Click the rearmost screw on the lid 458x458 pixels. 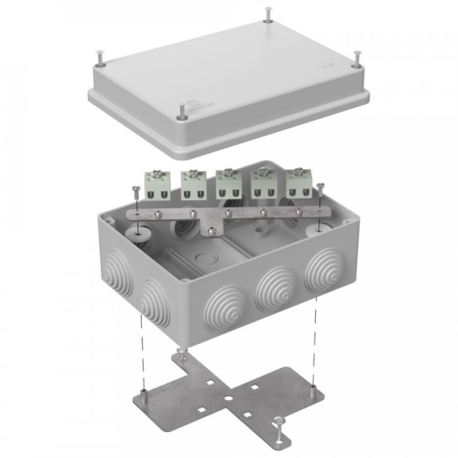[268, 14]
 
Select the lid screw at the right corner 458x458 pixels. [357, 56]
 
